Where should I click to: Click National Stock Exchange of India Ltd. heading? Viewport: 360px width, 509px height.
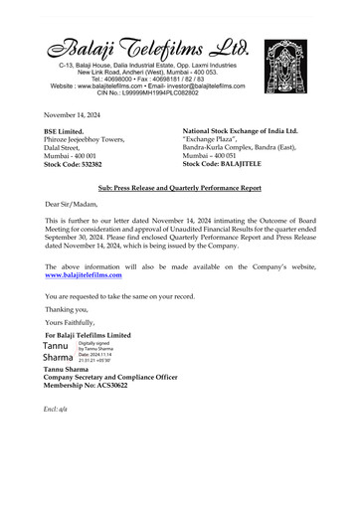tap(240, 131)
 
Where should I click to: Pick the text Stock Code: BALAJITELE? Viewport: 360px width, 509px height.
tap(228, 164)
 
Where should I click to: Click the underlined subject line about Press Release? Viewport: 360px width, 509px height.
tap(180, 187)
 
